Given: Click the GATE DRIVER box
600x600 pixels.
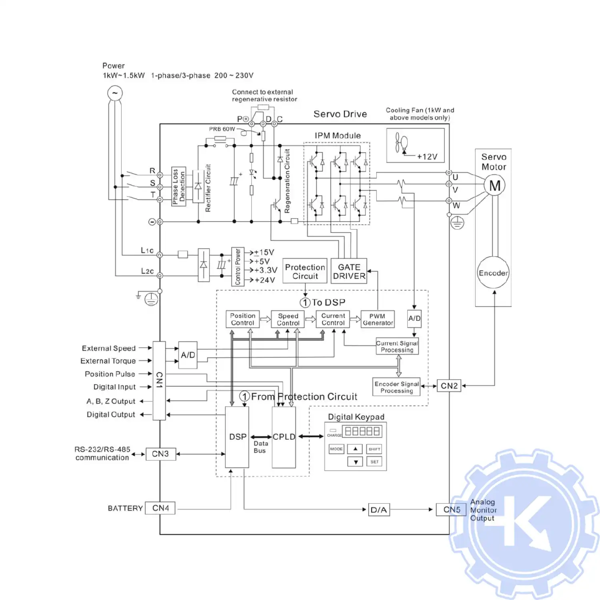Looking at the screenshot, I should coord(349,272).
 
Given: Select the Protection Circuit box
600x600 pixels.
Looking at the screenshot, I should coord(305,272).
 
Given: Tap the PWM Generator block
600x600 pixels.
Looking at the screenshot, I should coord(378,319).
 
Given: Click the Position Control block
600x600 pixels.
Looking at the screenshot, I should coord(242,319).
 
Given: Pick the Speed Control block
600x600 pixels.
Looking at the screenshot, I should coord(288,319).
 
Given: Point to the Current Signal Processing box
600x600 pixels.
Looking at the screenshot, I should coord(397,346).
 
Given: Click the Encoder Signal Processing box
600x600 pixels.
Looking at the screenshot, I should coord(396,387).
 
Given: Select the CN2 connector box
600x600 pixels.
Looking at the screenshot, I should coord(449,386).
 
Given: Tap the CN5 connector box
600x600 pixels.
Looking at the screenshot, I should coord(451,510).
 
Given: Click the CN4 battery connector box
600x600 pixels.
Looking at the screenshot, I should coord(160,508).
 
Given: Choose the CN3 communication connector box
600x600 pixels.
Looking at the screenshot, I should coord(160,454).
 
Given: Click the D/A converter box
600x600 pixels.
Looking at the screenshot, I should coord(379,510).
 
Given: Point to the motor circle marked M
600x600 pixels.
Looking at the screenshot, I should coord(495,186).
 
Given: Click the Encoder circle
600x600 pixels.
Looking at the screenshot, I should coord(493,273).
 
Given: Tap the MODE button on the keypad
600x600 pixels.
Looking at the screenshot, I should coord(336,449).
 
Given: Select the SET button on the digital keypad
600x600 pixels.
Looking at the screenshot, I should coord(374,462).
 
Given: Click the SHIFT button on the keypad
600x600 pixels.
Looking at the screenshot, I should coord(374,449).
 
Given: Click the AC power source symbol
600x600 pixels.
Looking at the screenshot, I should coord(115,93).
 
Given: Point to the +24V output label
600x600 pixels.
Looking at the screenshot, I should coord(265,280).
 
